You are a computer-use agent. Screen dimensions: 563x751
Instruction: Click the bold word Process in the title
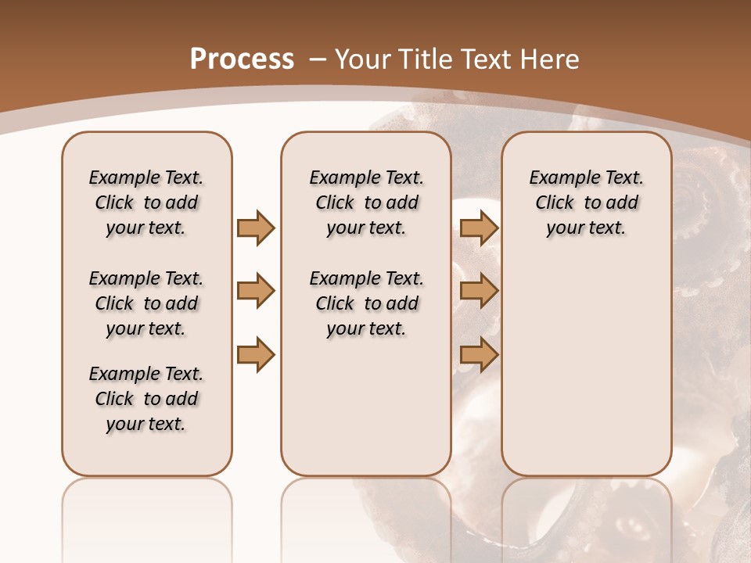[x=242, y=59]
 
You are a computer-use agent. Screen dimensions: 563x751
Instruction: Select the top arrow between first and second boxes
[x=256, y=228]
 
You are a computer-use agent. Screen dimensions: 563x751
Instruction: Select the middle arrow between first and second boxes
[x=256, y=292]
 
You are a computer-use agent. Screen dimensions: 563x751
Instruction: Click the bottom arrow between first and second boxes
[x=256, y=355]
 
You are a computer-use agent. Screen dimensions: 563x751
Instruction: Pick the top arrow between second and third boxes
[x=479, y=228]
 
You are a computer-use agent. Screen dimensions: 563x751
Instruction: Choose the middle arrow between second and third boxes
[x=479, y=292]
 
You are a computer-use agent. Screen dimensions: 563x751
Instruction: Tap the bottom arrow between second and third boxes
[x=479, y=355]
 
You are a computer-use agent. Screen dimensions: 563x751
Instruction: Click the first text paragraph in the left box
[x=146, y=203]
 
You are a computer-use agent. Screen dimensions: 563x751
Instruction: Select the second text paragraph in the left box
[x=146, y=303]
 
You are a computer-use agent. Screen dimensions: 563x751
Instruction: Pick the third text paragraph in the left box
[x=146, y=399]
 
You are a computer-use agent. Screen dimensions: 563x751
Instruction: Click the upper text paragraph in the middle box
[x=366, y=203]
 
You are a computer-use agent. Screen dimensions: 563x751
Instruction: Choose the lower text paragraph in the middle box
[x=366, y=303]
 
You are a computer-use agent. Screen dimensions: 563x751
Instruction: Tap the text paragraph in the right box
[x=586, y=203]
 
